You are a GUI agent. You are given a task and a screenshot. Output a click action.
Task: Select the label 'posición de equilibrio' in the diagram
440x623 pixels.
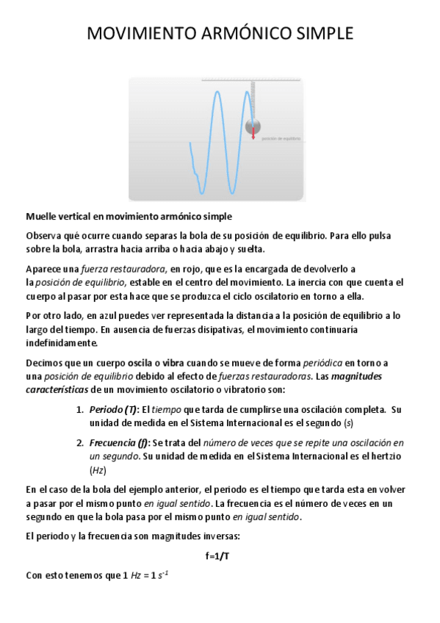click(x=281, y=138)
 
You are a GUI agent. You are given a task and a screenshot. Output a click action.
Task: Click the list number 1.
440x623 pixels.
click(x=80, y=409)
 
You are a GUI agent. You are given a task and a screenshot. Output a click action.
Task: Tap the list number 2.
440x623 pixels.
click(x=80, y=443)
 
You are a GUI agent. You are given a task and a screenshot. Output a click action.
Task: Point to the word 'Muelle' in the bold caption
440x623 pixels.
click(x=43, y=217)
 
